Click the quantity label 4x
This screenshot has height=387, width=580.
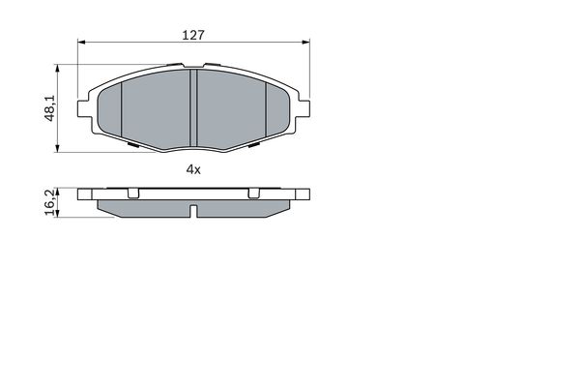tap(192, 169)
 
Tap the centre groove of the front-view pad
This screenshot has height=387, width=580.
tap(193, 106)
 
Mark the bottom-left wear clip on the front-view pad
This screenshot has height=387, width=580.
tap(132, 146)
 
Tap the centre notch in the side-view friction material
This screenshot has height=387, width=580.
tap(193, 211)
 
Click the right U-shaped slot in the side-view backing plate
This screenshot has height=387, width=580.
tap(253, 193)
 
